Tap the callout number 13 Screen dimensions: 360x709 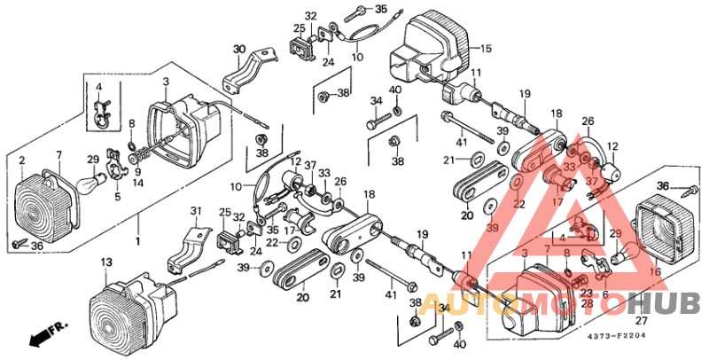(105, 262)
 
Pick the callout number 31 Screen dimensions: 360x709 (197, 210)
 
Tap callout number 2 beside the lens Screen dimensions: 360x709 (22, 160)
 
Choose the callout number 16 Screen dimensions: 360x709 (655, 273)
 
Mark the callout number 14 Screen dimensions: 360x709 (137, 184)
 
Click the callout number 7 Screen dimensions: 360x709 (58, 155)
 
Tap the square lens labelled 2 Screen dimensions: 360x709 (44, 207)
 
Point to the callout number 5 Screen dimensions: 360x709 (116, 198)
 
